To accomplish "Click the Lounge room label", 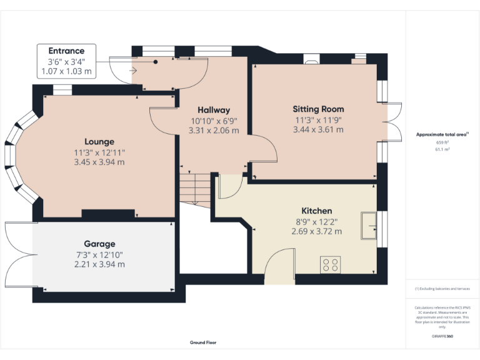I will pyautogui.click(x=99, y=142).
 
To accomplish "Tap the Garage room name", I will pyautogui.click(x=99, y=244).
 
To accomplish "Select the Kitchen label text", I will pyautogui.click(x=316, y=211).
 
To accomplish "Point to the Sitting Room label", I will pyautogui.click(x=318, y=109).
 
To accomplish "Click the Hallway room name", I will pyautogui.click(x=214, y=110).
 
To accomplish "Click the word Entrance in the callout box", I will pyautogui.click(x=66, y=51).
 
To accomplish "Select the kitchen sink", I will pyautogui.click(x=369, y=226).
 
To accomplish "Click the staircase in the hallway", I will pyautogui.click(x=196, y=187).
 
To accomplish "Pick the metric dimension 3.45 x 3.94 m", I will pyautogui.click(x=99, y=162).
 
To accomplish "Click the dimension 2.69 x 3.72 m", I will pyautogui.click(x=316, y=231).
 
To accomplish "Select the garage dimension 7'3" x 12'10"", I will pyautogui.click(x=99, y=254).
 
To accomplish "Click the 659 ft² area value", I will pyautogui.click(x=442, y=142).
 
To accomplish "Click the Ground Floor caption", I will pyautogui.click(x=203, y=342).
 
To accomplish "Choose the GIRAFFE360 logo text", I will pyautogui.click(x=442, y=336).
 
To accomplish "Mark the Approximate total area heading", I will pyautogui.click(x=442, y=134).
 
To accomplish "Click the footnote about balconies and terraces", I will pyautogui.click(x=442, y=289).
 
